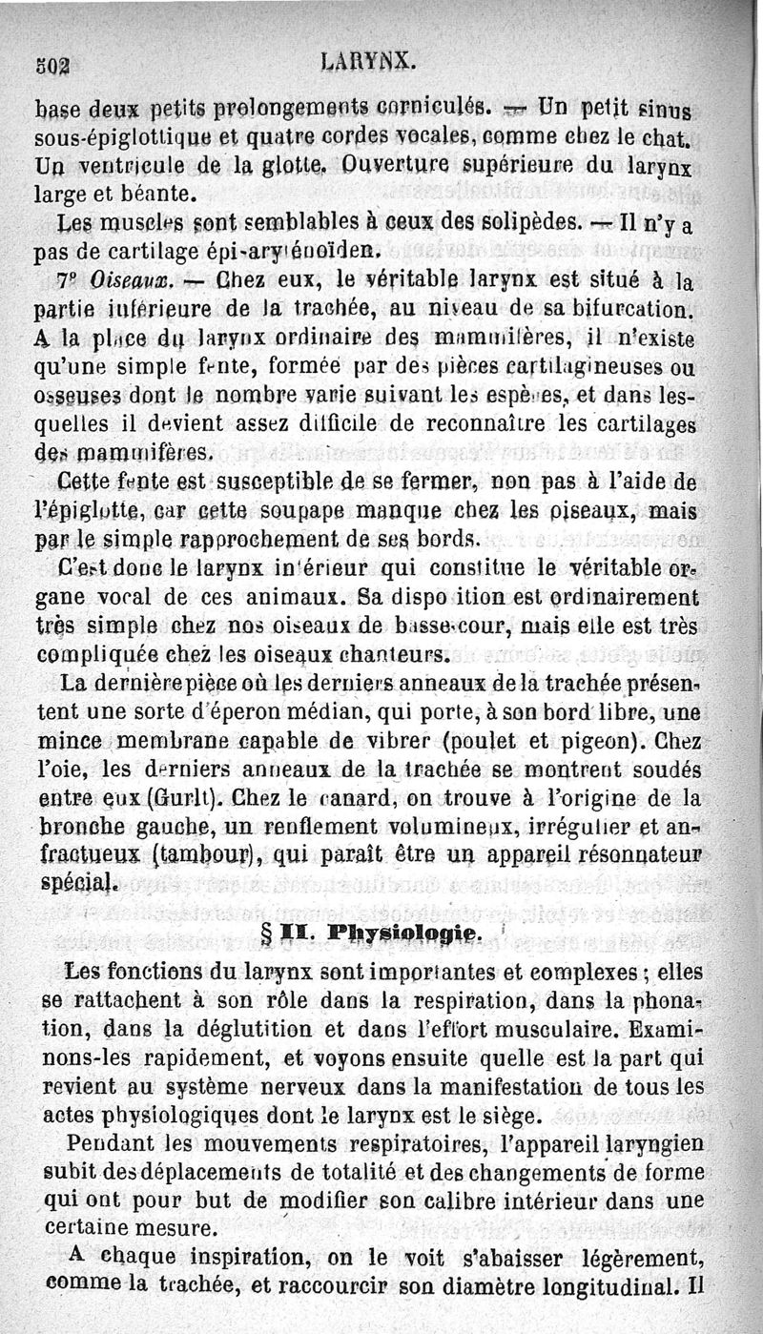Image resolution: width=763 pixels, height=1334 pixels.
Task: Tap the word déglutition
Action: [251, 1031]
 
